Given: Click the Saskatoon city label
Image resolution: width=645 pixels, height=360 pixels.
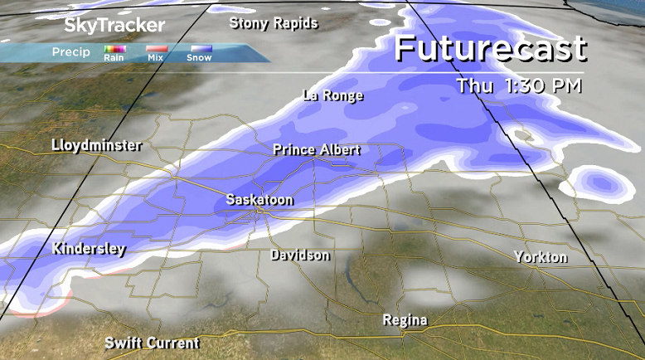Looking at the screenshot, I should click(x=259, y=200).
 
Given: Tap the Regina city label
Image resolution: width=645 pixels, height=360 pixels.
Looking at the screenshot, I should click(x=405, y=320).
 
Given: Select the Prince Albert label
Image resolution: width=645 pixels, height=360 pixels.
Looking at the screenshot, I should click(x=317, y=150).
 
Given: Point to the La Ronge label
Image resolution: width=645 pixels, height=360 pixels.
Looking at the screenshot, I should click(x=333, y=95).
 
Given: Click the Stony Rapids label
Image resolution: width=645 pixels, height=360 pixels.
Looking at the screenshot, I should click(x=274, y=23).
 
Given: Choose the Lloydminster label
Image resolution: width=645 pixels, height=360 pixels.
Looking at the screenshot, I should click(x=96, y=145).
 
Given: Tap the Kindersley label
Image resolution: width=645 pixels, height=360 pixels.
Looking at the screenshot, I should click(x=89, y=248).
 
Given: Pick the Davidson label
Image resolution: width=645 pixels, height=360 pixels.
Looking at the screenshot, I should click(x=300, y=255).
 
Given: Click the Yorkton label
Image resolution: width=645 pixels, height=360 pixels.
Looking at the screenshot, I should click(x=541, y=256).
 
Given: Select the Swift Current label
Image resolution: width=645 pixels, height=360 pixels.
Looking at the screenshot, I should click(x=152, y=343).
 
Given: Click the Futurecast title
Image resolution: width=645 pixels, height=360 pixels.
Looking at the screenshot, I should click(x=490, y=48).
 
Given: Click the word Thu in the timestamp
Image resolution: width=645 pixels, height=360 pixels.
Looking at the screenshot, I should click(x=476, y=85).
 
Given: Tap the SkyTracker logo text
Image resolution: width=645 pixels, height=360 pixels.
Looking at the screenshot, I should click(x=103, y=26).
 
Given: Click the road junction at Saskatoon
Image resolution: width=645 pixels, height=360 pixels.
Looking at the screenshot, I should click(x=259, y=212).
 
